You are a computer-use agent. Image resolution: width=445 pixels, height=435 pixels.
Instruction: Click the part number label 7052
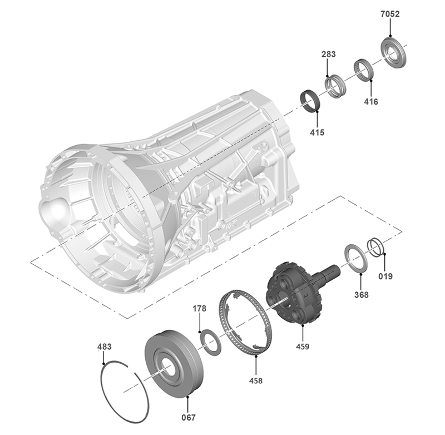[390, 14]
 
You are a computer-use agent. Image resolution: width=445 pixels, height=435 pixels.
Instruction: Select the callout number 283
[328, 54]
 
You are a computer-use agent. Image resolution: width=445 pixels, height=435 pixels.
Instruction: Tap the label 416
[371, 101]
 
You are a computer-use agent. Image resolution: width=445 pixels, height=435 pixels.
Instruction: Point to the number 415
[317, 132]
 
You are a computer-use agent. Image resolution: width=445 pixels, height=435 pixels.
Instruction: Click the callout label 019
[385, 276]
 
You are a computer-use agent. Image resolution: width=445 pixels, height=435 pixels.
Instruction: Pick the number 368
[361, 295]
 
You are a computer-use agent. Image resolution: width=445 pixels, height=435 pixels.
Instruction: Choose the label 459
[303, 346]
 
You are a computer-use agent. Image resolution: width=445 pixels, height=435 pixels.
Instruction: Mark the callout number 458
[256, 380]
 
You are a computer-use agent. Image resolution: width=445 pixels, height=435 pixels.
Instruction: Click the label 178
[200, 308]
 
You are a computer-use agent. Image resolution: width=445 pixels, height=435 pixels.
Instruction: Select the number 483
[105, 347]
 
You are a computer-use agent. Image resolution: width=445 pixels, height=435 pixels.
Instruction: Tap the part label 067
[189, 417]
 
